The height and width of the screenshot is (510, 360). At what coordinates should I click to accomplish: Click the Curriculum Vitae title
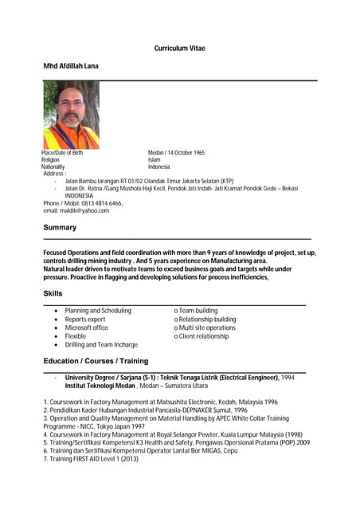pos(179,49)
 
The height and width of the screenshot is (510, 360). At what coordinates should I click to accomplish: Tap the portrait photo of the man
pos(71,115)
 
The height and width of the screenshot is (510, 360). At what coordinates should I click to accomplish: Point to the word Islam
pos(155,159)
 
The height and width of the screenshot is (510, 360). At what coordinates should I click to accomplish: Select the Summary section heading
pos(60,228)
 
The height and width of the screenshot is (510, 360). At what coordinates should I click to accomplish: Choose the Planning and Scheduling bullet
pos(98,311)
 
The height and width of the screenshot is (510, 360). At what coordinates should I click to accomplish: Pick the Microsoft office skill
pos(86,328)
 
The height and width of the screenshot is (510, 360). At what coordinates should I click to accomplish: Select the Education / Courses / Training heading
pos(96,362)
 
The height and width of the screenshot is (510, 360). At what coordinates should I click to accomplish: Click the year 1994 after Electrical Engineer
pos(288,377)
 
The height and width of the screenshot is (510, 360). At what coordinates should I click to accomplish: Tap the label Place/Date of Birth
pos(62,152)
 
